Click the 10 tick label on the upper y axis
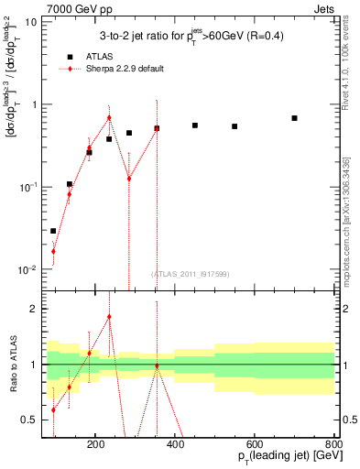click(x=30, y=21)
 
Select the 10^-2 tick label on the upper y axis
click(x=27, y=270)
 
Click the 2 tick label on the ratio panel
click(x=34, y=309)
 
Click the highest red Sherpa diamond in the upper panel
click(x=109, y=117)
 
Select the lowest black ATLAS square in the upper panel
click(x=53, y=231)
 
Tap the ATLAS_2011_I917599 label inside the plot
click(x=190, y=274)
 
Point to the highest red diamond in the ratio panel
click(x=109, y=317)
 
